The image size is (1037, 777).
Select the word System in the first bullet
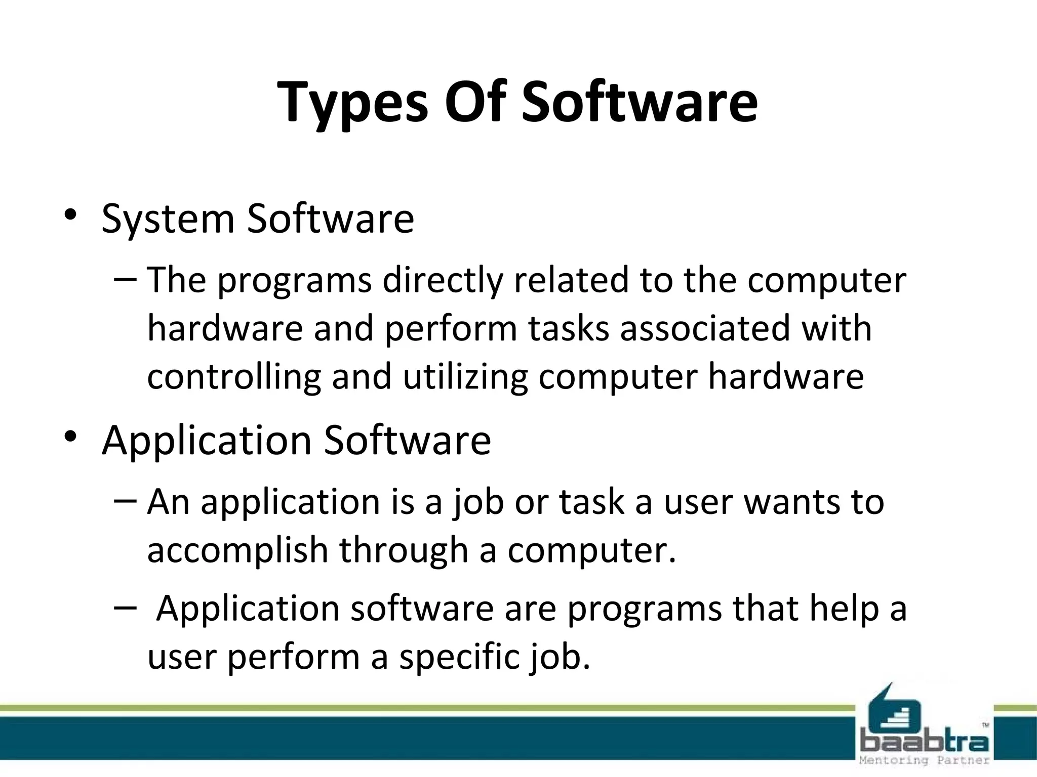(168, 219)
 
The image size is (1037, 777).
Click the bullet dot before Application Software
(70, 436)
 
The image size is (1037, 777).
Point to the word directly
(443, 281)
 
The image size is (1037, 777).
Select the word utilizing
(465, 377)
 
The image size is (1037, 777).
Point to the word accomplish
(238, 551)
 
